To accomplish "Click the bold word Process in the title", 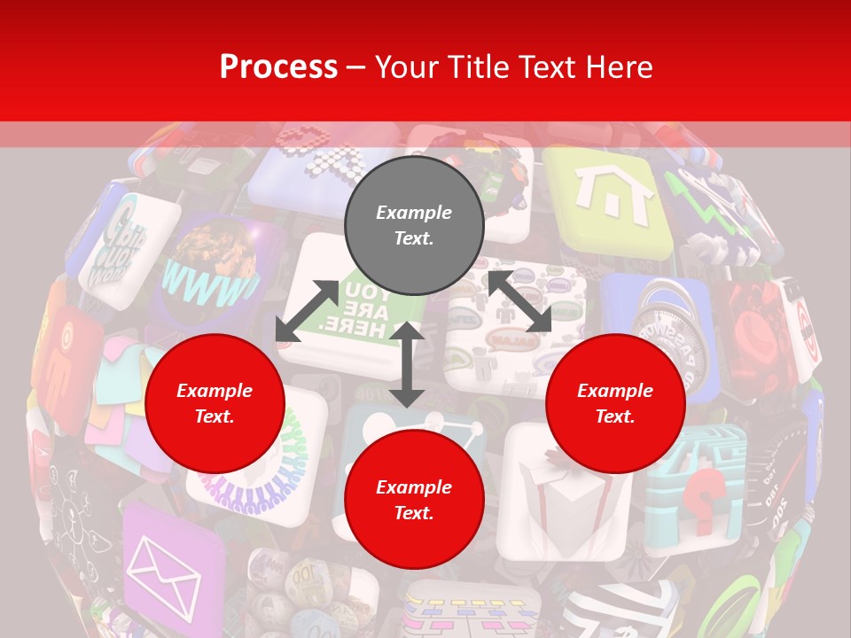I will [x=278, y=67].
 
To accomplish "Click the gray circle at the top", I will [x=414, y=226].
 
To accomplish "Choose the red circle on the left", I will [x=215, y=403].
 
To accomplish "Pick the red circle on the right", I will [x=615, y=403].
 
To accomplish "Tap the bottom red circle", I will [x=414, y=500].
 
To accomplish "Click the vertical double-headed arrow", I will [x=406, y=364].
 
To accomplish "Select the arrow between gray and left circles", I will [x=307, y=310].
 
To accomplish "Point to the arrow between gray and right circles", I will [x=519, y=301].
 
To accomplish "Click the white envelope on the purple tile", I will [x=164, y=576].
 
